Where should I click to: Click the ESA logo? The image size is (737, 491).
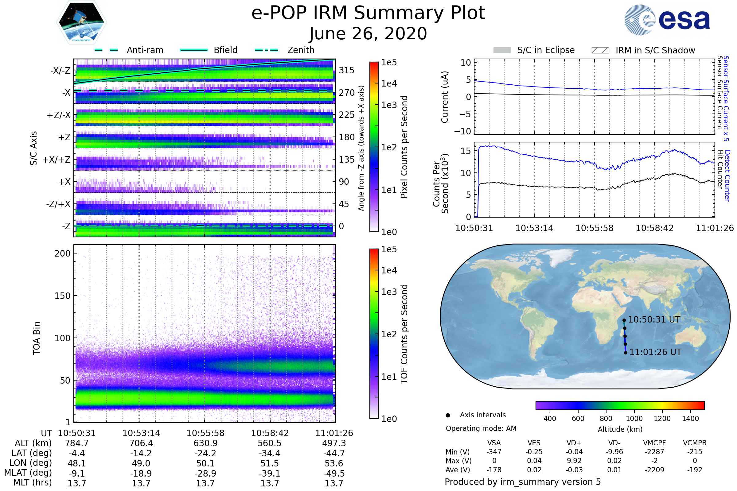[x=667, y=20]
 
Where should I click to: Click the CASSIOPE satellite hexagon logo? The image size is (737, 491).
[x=81, y=22]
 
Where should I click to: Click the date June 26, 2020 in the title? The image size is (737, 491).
[x=368, y=33]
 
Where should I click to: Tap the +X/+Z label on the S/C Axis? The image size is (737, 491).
[x=57, y=160]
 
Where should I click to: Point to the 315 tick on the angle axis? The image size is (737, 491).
[x=347, y=70]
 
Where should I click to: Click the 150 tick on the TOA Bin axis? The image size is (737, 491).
[x=62, y=296]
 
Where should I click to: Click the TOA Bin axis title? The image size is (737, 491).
[x=37, y=338]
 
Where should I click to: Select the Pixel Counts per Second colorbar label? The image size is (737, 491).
[x=404, y=147]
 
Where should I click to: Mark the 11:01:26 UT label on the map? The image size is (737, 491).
[x=655, y=352]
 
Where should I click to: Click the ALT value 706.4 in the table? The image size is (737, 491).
[x=141, y=443]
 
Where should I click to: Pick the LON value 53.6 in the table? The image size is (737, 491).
[x=334, y=463]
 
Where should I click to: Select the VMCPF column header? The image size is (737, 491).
[x=654, y=443]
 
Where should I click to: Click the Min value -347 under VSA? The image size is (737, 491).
[x=494, y=452]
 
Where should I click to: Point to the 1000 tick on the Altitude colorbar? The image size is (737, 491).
[x=634, y=419]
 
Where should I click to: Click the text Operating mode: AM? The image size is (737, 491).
[x=481, y=428]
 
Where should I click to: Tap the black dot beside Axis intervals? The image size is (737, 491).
[x=448, y=415]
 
